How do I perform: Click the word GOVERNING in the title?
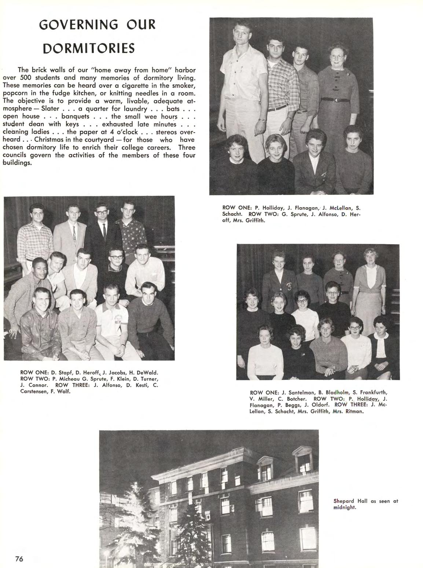coord(78,25)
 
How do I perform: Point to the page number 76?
coord(19,559)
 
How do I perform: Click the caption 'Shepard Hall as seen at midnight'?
coord(365,504)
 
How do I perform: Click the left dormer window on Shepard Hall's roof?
coord(266,467)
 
